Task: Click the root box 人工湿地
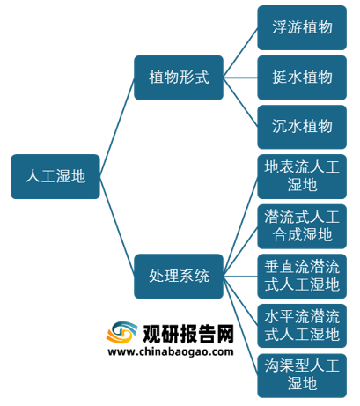coord(55,176)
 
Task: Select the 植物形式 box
coord(179,78)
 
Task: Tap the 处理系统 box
coord(179,277)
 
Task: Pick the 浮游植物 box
coord(302,27)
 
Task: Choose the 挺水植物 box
coord(302,78)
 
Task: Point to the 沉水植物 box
coord(302,127)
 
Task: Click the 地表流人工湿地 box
coord(302,176)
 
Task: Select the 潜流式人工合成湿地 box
coord(302,226)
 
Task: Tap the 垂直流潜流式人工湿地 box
coord(302,277)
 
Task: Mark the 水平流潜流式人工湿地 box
coord(302,326)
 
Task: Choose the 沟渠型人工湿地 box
coord(302,376)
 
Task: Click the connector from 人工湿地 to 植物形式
coord(117,127)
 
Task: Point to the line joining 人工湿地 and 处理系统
coord(117,226)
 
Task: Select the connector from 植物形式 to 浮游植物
coord(240,53)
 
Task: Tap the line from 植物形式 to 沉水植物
coord(240,102)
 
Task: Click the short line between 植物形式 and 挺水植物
coord(240,78)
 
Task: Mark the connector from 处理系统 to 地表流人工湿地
coord(240,226)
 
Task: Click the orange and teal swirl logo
coord(121,332)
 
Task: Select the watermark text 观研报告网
coord(188,334)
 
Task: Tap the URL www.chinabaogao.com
coord(171,351)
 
